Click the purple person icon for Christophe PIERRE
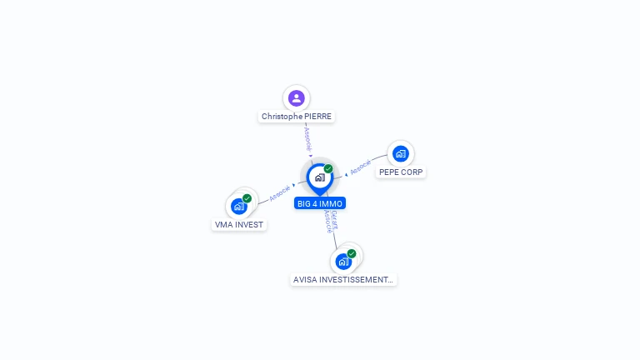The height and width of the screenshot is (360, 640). pyautogui.click(x=296, y=98)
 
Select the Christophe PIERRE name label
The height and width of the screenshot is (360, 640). pyautogui.click(x=297, y=117)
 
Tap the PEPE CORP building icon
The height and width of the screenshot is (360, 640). pyautogui.click(x=401, y=153)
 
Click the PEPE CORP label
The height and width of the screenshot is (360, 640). pyautogui.click(x=401, y=172)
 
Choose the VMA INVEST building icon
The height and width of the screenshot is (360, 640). pyautogui.click(x=239, y=206)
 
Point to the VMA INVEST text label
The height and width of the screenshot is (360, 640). pyautogui.click(x=239, y=225)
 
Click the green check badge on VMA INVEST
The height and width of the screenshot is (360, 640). pyautogui.click(x=247, y=198)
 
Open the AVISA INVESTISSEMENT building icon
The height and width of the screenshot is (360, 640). pyautogui.click(x=343, y=262)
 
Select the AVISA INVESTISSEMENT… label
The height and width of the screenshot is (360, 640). pyautogui.click(x=343, y=280)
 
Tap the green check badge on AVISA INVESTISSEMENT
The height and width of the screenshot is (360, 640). pyautogui.click(x=352, y=253)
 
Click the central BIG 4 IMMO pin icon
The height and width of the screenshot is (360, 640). pyautogui.click(x=319, y=177)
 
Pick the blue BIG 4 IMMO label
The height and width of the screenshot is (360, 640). pyautogui.click(x=319, y=203)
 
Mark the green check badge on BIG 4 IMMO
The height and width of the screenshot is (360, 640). pyautogui.click(x=328, y=168)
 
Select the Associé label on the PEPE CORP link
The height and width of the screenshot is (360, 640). pyautogui.click(x=360, y=167)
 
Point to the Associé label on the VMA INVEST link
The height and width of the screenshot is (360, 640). pyautogui.click(x=279, y=193)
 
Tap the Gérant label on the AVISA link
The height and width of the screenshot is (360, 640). pyautogui.click(x=334, y=219)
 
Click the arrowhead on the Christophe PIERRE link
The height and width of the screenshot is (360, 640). pyautogui.click(x=310, y=155)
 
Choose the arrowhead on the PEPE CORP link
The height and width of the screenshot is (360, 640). pyautogui.click(x=346, y=174)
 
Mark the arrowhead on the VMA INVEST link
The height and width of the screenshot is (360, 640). pyautogui.click(x=294, y=185)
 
